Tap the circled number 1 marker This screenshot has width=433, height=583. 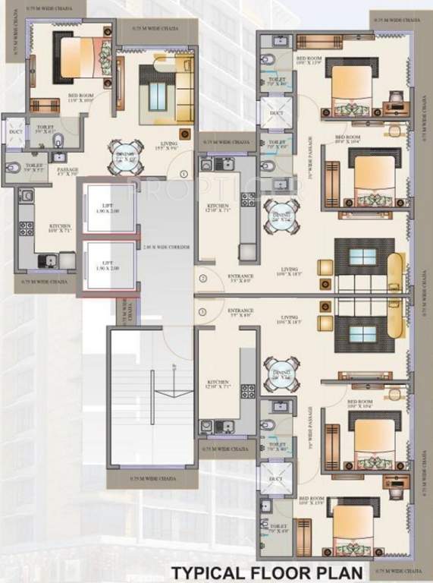(x=183, y=174)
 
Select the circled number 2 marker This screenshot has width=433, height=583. (x=203, y=279)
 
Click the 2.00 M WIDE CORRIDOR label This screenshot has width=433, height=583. (x=167, y=248)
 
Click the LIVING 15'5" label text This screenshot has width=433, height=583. (x=168, y=147)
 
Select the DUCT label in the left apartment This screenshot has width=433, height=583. (x=15, y=132)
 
